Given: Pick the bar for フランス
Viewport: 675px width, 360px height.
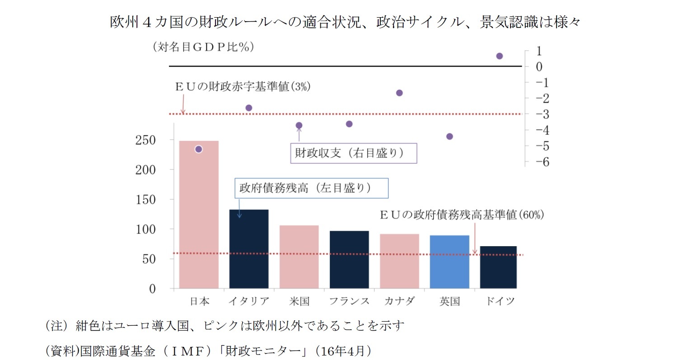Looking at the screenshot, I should coord(349,259).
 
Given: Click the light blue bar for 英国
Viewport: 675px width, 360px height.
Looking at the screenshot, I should coord(450,262).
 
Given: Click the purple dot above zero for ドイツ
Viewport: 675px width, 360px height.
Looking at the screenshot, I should coord(500,56).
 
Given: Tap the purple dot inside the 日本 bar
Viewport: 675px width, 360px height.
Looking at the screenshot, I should coord(198,149).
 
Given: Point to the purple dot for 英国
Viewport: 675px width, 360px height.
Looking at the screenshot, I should coord(450,136).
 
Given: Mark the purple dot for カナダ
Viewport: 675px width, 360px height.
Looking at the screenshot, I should coord(399,93).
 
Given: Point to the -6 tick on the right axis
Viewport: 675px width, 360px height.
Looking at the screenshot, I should coord(539,162).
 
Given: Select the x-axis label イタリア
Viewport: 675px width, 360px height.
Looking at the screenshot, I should coord(249,301).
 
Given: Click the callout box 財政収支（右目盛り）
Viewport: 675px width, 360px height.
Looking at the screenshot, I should coord(353,153).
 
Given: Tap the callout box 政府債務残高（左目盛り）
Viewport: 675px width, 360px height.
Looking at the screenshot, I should coord(311,188).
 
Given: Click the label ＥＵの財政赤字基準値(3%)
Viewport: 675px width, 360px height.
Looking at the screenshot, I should coord(243,87).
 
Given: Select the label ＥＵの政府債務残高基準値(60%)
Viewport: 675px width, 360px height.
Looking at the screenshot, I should coord(462,215).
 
